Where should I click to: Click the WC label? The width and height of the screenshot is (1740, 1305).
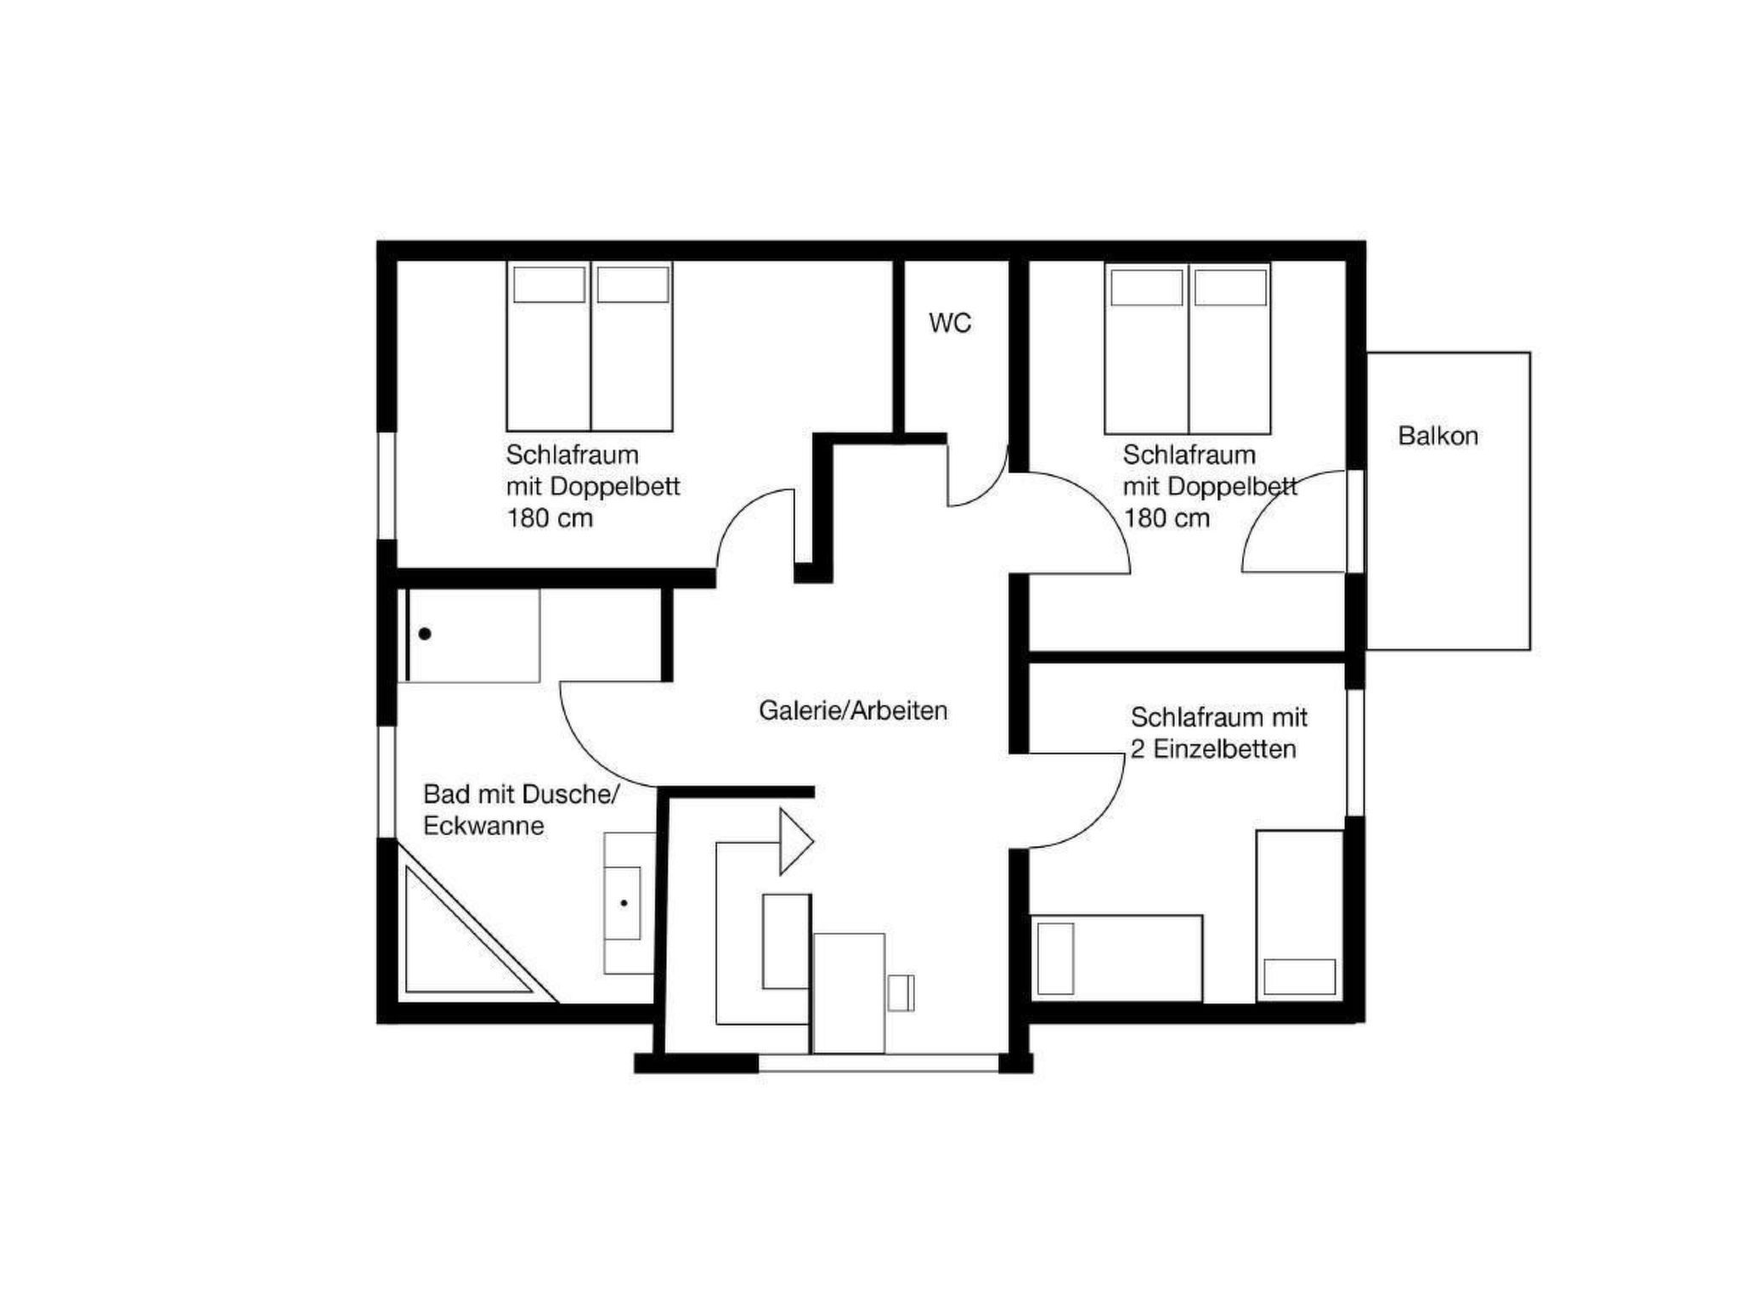(950, 323)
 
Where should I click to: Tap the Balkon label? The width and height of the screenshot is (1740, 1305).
(1438, 436)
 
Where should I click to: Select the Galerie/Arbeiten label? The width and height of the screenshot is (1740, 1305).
(853, 710)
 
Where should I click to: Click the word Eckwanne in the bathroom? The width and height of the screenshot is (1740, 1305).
(483, 826)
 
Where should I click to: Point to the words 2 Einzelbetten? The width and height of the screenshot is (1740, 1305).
(1213, 749)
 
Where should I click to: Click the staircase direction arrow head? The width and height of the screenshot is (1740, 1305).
(797, 842)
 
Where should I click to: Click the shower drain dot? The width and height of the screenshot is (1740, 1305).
(425, 634)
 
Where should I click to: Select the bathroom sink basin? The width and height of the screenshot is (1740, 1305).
(623, 903)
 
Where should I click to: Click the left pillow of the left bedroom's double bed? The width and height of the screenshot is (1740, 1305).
(549, 285)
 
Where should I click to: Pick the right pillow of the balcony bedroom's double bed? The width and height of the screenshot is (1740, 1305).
(1230, 287)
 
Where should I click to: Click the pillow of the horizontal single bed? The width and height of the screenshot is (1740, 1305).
(1055, 958)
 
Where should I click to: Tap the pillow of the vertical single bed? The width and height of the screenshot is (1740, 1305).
(1299, 977)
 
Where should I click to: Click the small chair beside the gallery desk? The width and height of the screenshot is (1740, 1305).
(901, 993)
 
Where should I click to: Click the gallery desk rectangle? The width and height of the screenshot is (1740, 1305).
(849, 993)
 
